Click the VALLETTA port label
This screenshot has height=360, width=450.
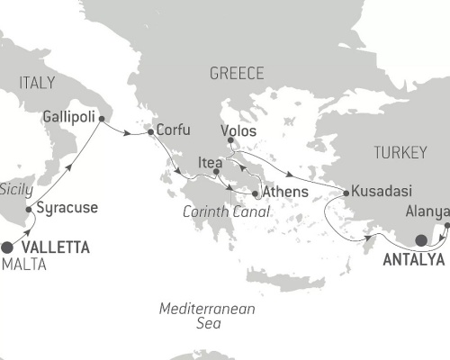[x=56, y=248]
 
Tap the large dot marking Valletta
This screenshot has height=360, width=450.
[x=8, y=247]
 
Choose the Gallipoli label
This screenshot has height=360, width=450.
[x=68, y=117]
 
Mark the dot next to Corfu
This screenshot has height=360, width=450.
[x=149, y=132]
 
